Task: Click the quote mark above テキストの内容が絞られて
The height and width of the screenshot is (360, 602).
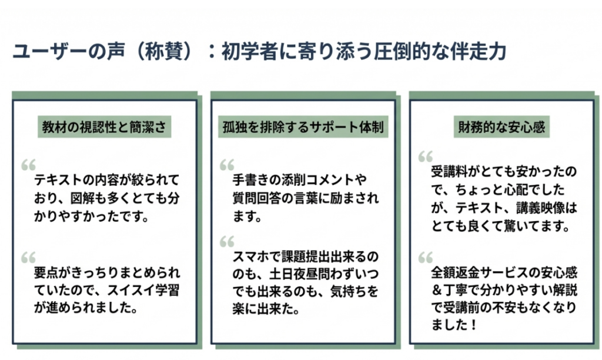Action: [x=28, y=164]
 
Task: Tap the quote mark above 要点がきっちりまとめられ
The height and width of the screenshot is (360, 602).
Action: [x=28, y=256]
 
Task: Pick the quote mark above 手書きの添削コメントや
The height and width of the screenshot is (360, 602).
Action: [x=227, y=164]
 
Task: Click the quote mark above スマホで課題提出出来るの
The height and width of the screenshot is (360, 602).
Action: [x=227, y=241]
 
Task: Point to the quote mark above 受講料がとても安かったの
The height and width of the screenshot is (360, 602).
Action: [x=425, y=156]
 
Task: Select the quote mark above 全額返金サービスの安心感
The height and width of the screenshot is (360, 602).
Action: [x=425, y=257]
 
